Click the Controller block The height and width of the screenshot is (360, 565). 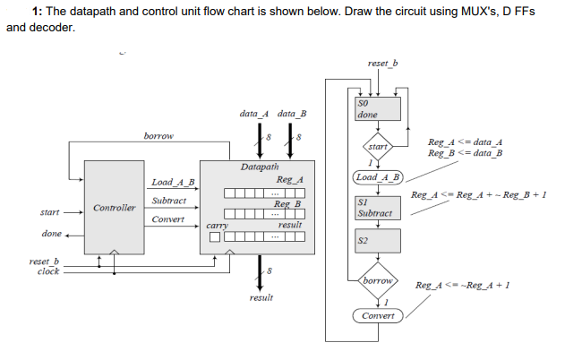tap(114, 208)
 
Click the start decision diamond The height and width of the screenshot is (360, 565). tap(378, 146)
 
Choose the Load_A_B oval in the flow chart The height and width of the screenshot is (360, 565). tap(379, 177)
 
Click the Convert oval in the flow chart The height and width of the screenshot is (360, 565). tap(379, 316)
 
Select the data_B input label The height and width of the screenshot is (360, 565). tap(292, 114)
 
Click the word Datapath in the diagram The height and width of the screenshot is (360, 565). tap(260, 167)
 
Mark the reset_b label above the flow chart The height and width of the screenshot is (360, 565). tap(383, 64)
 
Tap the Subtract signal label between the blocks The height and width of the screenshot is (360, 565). tap(169, 201)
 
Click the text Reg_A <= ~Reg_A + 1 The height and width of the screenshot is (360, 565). tap(463, 285)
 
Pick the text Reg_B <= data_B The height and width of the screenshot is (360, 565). tap(465, 153)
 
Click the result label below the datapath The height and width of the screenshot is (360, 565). tap(261, 296)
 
